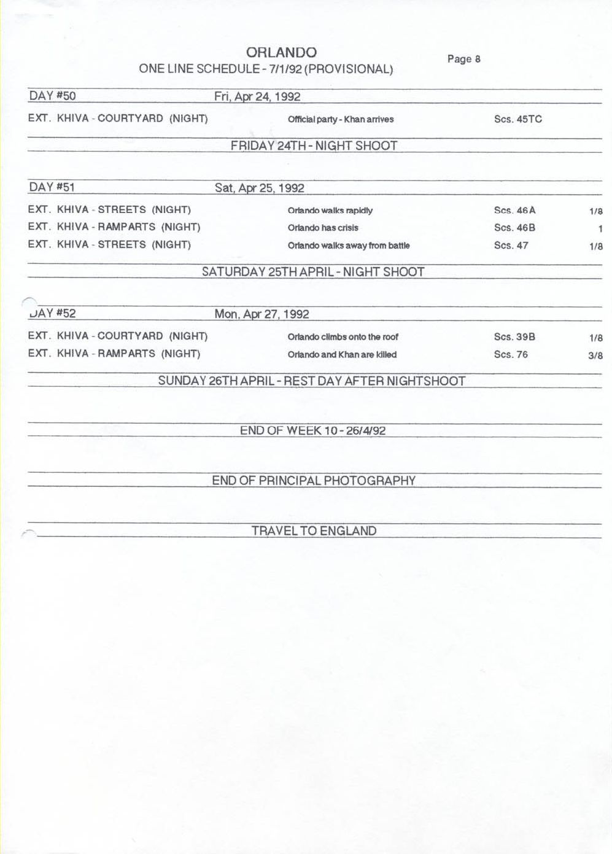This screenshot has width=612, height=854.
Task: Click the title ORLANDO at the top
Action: [281, 53]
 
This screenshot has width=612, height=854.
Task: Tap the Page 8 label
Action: [463, 59]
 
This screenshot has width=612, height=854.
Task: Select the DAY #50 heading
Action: [52, 96]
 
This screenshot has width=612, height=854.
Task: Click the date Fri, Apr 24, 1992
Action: [257, 96]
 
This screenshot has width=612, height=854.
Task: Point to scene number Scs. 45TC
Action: [517, 119]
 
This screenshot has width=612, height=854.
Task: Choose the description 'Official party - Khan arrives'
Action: [341, 119]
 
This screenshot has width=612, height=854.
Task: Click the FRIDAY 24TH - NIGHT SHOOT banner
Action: [314, 146]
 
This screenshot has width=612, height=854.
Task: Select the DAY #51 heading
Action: [52, 187]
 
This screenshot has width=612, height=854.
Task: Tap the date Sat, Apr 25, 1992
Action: [259, 188]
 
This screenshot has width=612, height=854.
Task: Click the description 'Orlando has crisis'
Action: [323, 228]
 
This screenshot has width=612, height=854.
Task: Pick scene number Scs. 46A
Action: [514, 211]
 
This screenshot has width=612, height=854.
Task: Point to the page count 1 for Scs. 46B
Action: [600, 228]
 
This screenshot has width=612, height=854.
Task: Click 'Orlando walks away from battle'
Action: [349, 246]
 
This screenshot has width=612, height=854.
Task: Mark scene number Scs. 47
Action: [511, 246]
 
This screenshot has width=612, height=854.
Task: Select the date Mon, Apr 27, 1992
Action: [261, 314]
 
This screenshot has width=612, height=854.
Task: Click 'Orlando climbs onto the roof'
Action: [343, 337]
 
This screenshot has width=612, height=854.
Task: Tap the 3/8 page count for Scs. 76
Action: [595, 355]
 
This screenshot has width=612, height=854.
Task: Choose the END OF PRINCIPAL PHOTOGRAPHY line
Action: [314, 481]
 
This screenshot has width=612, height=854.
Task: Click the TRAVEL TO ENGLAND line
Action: [314, 531]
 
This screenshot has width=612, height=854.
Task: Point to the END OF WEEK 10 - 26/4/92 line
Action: [312, 430]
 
